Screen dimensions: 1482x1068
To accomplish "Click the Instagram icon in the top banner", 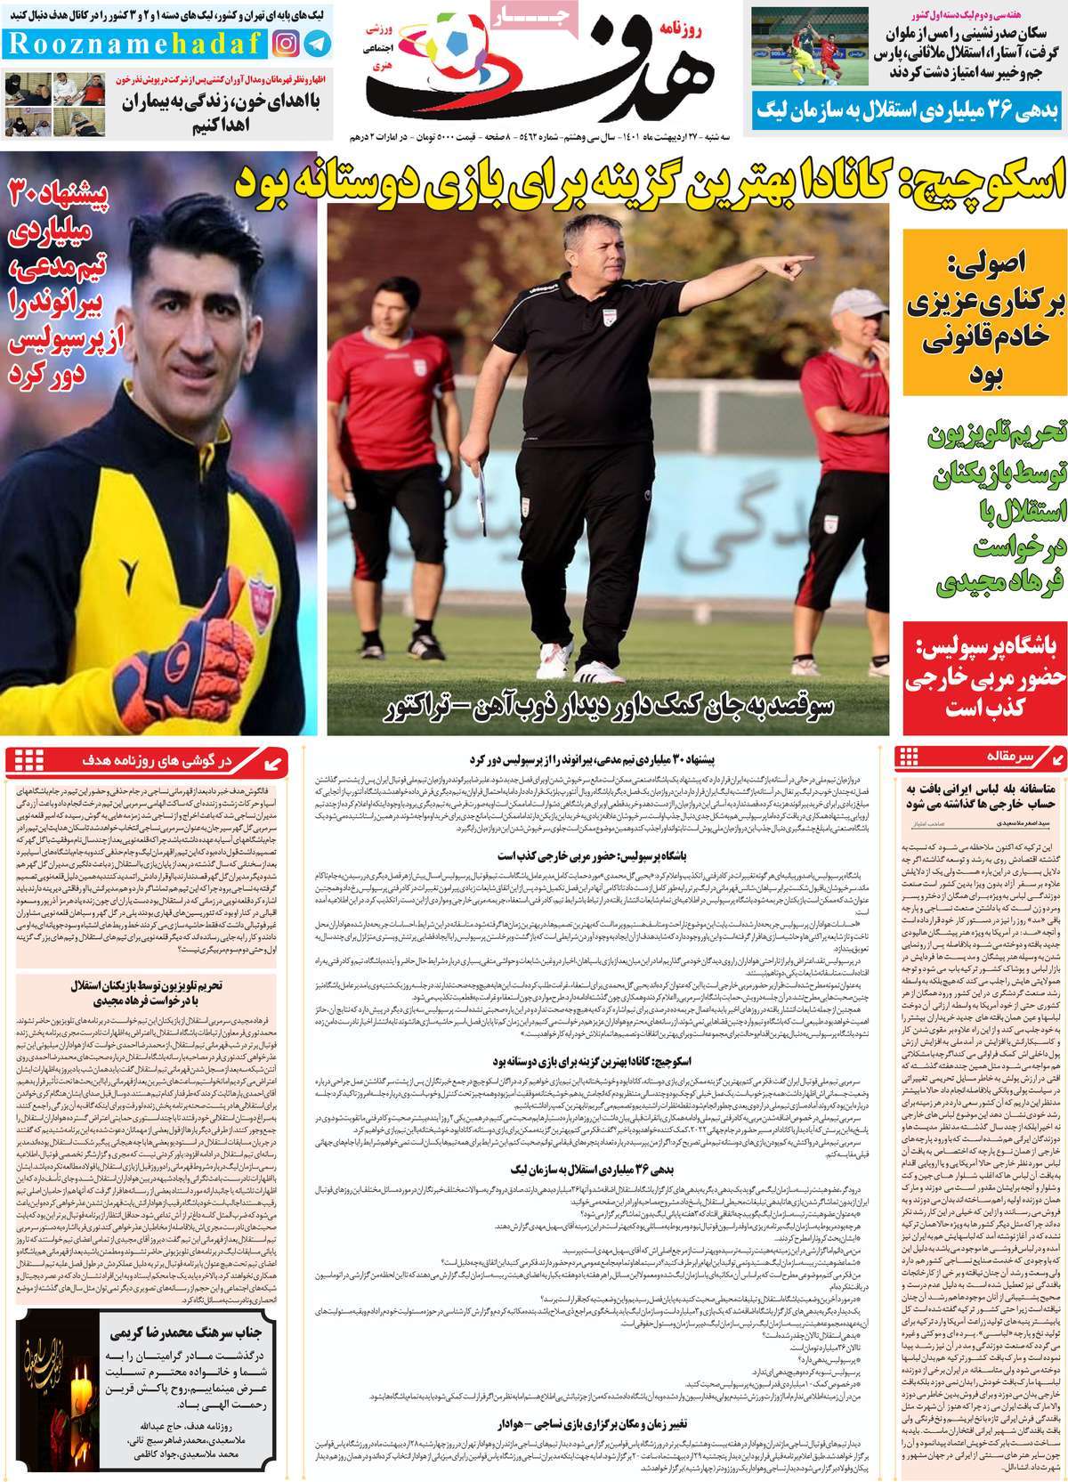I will [x=287, y=42].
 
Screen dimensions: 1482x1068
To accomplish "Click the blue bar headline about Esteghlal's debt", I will [x=908, y=110].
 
